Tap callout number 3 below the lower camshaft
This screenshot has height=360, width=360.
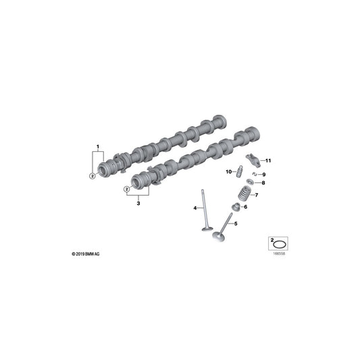(x=138, y=201)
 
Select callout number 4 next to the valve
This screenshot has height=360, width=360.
(x=195, y=207)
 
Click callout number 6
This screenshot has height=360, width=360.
(x=245, y=207)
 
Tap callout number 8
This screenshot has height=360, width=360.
(x=263, y=183)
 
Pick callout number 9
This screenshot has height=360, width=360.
(x=263, y=175)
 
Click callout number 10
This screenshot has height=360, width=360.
(x=228, y=171)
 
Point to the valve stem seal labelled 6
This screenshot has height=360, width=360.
(x=236, y=207)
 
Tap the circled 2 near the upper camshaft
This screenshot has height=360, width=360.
(x=91, y=176)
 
